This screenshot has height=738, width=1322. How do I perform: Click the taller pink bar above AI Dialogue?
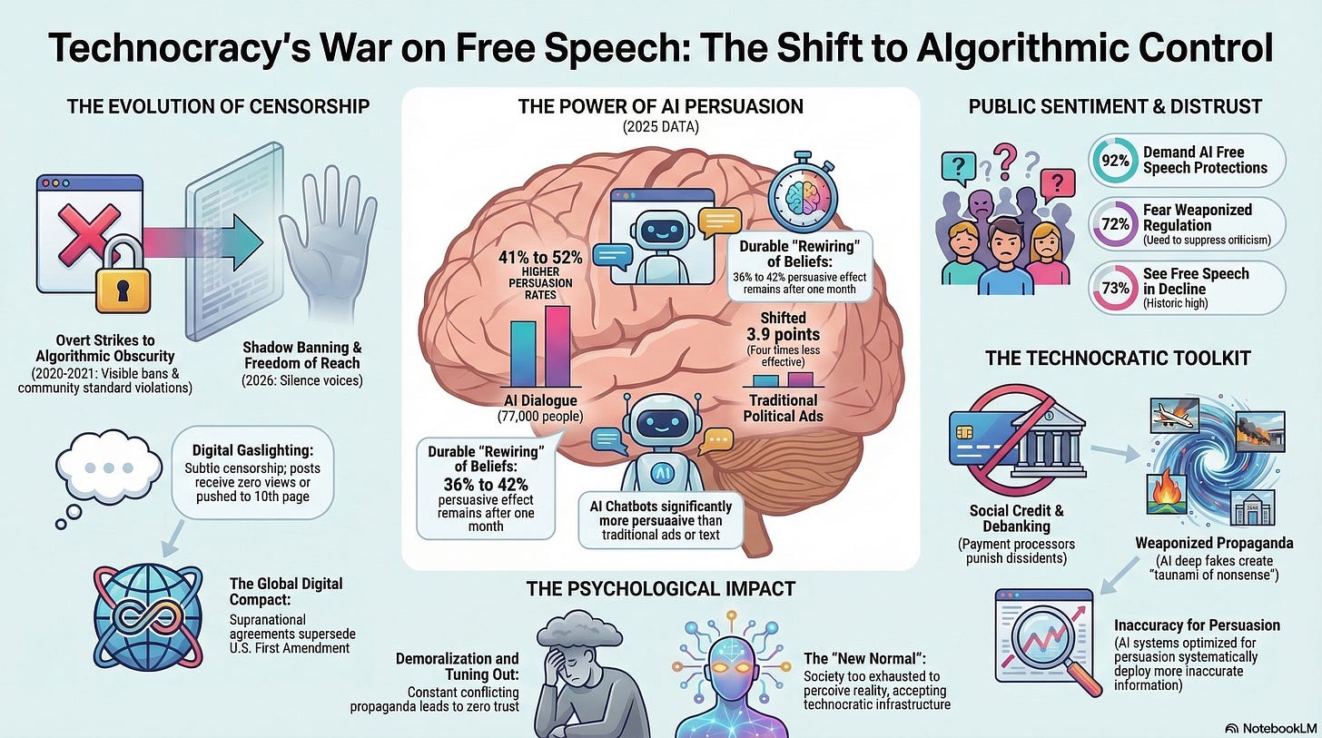point(557,346)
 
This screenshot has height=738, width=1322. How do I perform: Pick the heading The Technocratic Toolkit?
point(1118,359)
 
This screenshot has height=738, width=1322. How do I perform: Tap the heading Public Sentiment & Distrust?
point(1115,106)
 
